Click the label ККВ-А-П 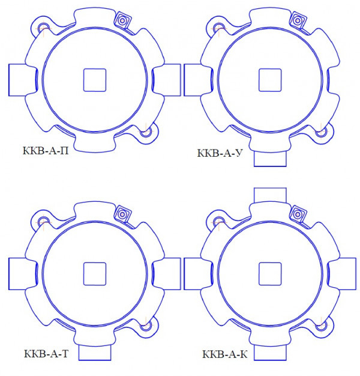(x=46, y=151)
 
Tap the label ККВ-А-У (x=220, y=153)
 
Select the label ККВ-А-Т (x=46, y=354)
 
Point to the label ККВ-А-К (x=224, y=354)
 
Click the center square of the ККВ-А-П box (x=95, y=80)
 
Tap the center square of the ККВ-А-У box (x=270, y=80)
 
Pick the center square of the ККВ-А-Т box (x=95, y=274)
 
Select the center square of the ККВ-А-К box (x=270, y=274)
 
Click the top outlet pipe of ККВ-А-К (x=270, y=195)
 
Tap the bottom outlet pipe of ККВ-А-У (x=270, y=159)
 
